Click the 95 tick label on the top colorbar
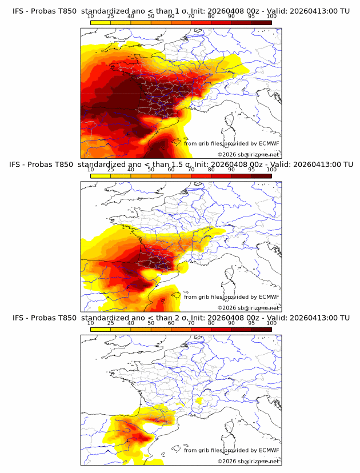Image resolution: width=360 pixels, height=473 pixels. tap(251, 16)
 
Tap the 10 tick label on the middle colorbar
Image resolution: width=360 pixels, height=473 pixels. tap(90, 170)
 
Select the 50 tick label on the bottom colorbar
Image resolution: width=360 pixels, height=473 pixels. tap(151, 323)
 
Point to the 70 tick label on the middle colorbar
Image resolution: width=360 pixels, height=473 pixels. tap(191, 170)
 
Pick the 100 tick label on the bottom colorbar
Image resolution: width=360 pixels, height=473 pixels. tap(271, 323)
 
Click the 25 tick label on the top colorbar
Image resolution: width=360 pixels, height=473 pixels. tap(110, 16)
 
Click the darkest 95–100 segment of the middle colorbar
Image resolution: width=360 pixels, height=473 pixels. tap(261, 176)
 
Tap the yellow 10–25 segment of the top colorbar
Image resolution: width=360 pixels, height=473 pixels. tap(101, 22)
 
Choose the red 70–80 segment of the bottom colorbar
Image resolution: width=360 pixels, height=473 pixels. tap(201, 329)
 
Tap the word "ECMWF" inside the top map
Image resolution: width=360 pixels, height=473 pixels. tap(269, 143)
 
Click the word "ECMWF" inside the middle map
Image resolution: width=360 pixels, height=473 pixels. tap(269, 296)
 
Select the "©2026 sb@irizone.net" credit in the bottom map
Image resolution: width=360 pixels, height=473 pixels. tap(248, 461)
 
